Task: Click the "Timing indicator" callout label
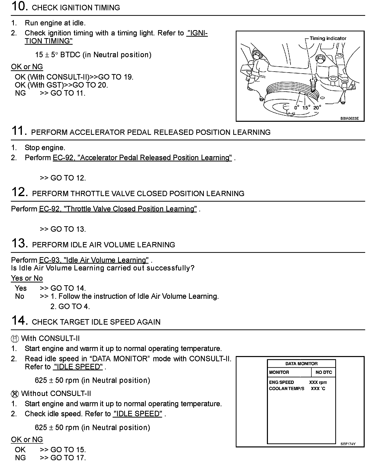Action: tap(328, 38)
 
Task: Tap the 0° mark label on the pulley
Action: tap(297, 107)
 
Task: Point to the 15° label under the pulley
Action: tap(306, 107)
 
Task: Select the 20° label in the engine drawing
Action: tap(317, 107)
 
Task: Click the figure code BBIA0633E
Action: tap(349, 119)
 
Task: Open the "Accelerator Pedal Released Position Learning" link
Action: tap(142, 158)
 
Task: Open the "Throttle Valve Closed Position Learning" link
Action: tap(118, 209)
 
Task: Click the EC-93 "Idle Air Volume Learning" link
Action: tap(94, 260)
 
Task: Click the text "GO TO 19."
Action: tap(116, 77)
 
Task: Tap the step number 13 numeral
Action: tap(19, 243)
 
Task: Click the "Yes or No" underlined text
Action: tap(27, 278)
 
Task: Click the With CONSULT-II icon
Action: tap(15, 339)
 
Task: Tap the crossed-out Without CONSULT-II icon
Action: tap(15, 394)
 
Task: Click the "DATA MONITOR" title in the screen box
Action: tap(301, 364)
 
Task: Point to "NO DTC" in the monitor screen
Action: tap(323, 372)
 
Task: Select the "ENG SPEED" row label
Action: tap(281, 382)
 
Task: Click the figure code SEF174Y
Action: tap(348, 444)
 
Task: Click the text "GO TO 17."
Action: tap(68, 458)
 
